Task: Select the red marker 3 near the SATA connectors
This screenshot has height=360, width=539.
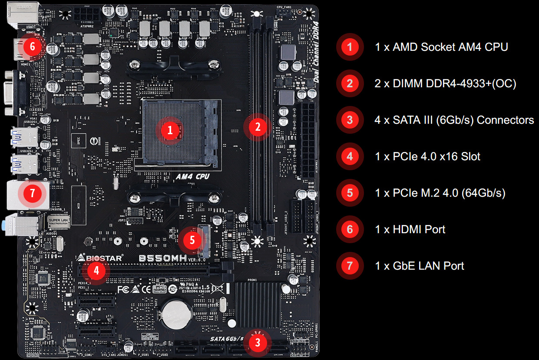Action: point(258,343)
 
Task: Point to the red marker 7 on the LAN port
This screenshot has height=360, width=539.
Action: point(32,193)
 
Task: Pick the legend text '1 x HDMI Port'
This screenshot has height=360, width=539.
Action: point(410,229)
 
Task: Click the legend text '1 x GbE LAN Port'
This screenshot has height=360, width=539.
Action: point(419,266)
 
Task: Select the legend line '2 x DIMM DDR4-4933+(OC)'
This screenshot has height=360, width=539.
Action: point(445,83)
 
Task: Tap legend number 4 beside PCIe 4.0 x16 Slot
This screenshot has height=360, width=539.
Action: point(350,156)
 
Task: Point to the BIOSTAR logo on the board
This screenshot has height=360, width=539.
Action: point(99,258)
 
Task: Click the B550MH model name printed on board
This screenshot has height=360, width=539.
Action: point(162,258)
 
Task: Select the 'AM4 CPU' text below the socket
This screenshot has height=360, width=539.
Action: point(192,176)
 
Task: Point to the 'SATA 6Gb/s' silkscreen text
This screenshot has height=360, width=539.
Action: point(226,338)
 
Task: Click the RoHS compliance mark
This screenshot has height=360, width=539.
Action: point(159,289)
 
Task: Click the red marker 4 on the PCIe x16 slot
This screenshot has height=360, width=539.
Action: point(96,271)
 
